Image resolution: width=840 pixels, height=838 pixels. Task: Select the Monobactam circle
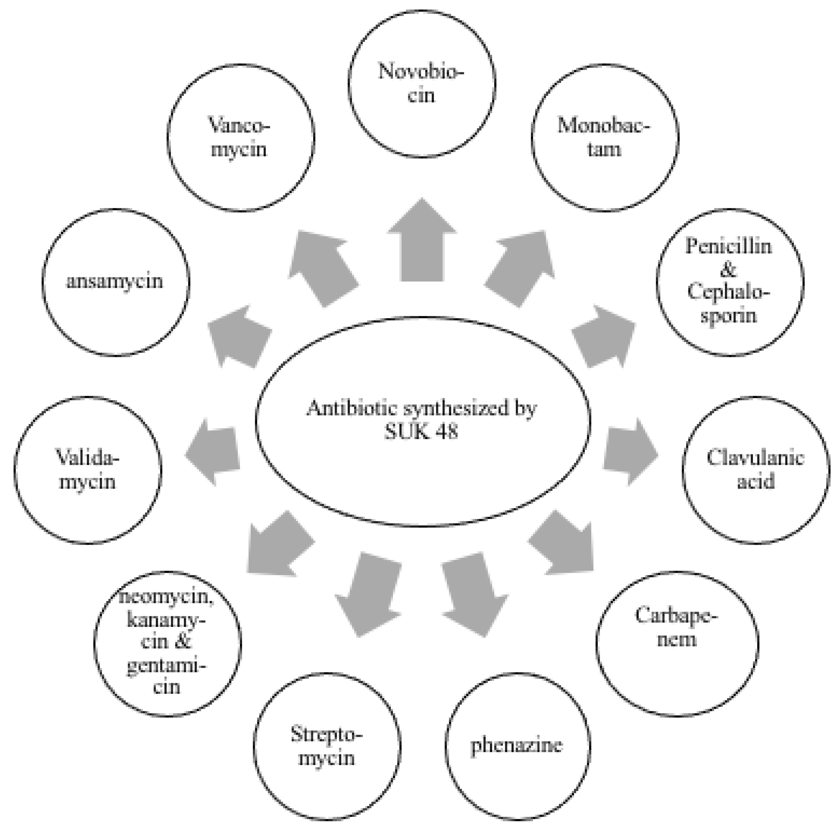pyautogui.click(x=605, y=137)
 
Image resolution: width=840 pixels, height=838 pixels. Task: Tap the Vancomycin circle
pyautogui.click(x=240, y=137)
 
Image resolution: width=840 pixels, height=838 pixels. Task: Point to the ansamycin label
pyautogui.click(x=114, y=281)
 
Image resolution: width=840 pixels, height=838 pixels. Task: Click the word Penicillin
pyautogui.click(x=729, y=246)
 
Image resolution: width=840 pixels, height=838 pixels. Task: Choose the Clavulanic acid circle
pyautogui.click(x=755, y=470)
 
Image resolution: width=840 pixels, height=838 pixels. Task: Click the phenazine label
pyautogui.click(x=516, y=746)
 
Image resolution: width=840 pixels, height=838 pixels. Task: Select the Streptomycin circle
pyautogui.click(x=327, y=746)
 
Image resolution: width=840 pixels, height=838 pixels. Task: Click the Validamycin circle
pyautogui.click(x=88, y=470)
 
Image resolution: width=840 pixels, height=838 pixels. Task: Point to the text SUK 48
pyautogui.click(x=421, y=432)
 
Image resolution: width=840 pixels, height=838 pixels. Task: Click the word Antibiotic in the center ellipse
pyautogui.click(x=340, y=408)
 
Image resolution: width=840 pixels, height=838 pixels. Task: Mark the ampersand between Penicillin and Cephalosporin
pyautogui.click(x=728, y=270)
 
